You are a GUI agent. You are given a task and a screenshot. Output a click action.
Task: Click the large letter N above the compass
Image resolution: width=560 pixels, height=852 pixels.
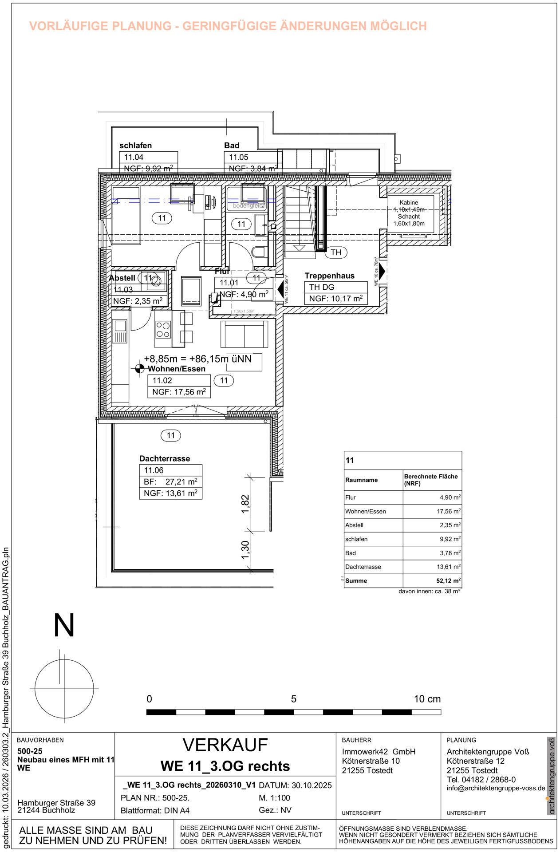point(64,625)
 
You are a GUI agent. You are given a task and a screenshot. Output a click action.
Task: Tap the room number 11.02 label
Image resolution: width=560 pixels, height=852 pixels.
point(162,380)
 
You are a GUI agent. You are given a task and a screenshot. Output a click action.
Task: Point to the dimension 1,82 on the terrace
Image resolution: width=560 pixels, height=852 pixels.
point(245,504)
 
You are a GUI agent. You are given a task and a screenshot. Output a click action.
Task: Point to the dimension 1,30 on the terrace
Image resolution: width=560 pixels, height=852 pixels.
point(245,549)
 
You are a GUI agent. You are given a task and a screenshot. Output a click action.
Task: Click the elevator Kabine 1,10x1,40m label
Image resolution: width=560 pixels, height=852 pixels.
point(409,206)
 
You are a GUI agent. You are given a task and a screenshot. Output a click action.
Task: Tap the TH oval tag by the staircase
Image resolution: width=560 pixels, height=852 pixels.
point(336,252)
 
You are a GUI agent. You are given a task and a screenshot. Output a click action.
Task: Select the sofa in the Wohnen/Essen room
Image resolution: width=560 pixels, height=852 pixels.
point(244,334)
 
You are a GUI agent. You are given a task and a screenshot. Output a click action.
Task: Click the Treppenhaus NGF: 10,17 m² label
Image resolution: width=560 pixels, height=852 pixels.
point(335,299)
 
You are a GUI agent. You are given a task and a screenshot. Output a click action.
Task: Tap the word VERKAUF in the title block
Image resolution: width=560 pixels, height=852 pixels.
point(225,745)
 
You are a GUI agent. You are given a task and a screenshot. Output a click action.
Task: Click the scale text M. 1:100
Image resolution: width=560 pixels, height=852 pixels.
point(274,797)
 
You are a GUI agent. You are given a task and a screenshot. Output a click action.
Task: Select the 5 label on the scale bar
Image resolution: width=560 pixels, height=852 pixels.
point(293,699)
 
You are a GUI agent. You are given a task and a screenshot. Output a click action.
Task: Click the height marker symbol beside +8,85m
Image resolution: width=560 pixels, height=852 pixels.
point(139,368)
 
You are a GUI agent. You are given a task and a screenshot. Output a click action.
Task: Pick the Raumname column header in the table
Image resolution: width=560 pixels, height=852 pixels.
point(362,480)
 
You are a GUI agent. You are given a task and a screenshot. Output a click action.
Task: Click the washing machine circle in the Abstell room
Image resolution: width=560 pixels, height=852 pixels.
point(157,281)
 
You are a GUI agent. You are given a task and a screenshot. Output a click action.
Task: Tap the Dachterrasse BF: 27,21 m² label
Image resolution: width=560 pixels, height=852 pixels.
point(170,481)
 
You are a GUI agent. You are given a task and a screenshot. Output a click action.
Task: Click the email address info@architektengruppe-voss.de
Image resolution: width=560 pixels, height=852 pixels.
point(496,788)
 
